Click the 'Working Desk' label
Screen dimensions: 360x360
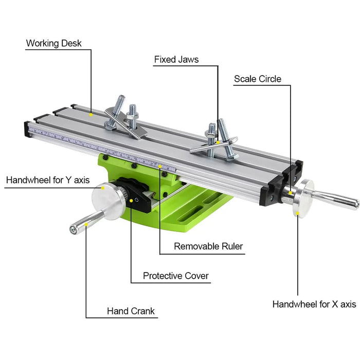(x=54, y=43)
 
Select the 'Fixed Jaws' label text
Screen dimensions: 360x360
(x=176, y=60)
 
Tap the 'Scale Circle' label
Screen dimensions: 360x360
(x=258, y=79)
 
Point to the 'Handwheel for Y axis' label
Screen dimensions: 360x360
(x=47, y=181)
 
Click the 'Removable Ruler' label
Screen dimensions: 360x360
(x=208, y=246)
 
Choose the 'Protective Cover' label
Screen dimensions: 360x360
(x=176, y=276)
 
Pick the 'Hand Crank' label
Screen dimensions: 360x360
(x=131, y=311)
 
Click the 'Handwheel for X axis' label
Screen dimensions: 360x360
(x=314, y=304)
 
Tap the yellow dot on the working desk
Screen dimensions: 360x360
(x=91, y=114)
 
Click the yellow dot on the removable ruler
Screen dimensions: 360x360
(x=160, y=166)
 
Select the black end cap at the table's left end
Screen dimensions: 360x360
(x=27, y=130)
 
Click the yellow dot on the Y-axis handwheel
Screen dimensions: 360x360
(x=103, y=188)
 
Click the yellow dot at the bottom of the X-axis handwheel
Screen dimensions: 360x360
(x=297, y=215)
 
